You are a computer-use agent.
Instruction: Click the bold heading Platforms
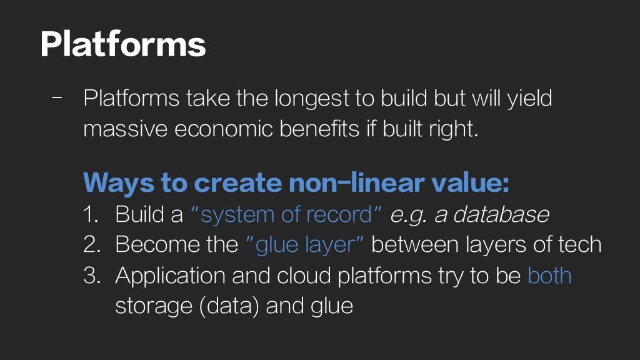tap(123, 44)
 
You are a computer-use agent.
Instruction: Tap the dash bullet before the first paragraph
tap(57, 98)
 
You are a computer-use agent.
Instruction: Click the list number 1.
tap(91, 214)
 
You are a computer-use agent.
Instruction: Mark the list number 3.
tap(91, 276)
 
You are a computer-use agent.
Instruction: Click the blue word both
tap(549, 276)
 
